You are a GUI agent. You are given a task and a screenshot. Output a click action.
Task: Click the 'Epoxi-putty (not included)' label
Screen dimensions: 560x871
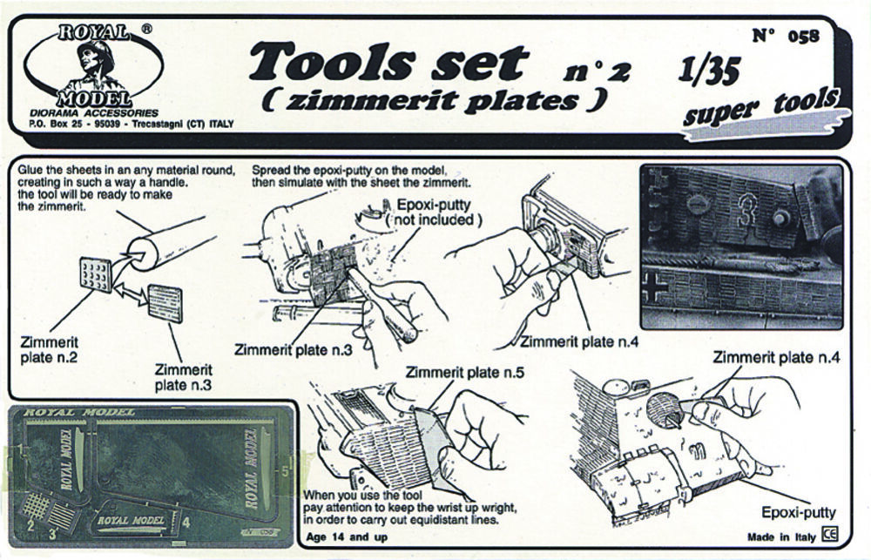click(433, 213)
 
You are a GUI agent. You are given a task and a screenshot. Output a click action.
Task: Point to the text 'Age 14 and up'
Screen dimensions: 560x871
click(347, 536)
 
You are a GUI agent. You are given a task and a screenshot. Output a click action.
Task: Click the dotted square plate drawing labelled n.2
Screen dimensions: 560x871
click(95, 274)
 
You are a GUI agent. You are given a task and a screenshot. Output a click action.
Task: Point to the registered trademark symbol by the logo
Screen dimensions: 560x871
click(146, 29)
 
